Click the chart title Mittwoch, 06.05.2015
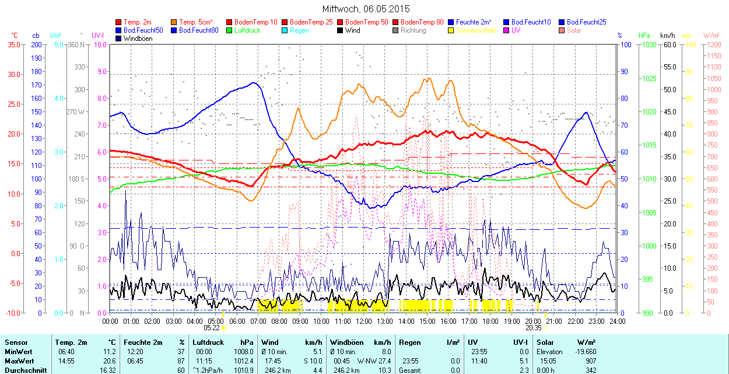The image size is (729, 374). point(366,9)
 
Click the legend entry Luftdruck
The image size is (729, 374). point(247,30)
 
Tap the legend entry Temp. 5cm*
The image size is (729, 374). point(195,22)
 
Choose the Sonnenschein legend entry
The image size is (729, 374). point(476,30)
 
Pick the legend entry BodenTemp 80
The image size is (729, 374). point(422,22)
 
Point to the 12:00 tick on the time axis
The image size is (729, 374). point(364,321)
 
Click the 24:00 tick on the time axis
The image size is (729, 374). point(618,321)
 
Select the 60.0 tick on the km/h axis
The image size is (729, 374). point(668,44)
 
